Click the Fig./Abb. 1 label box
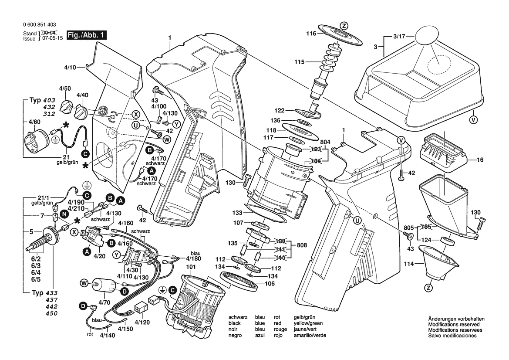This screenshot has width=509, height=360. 87,35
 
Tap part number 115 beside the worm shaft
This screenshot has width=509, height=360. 299,62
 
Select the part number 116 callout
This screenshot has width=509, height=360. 310,33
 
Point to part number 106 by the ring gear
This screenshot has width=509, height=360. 270,284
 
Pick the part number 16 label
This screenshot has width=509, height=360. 480,160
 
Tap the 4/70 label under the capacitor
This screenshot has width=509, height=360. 104,302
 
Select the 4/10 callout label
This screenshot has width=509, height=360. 70,67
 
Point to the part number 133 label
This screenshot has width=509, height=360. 237,212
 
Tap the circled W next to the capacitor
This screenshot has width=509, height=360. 84,284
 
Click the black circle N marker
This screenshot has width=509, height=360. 64,214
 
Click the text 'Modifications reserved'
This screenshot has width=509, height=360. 454,325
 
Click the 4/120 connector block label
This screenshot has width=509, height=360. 142,323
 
